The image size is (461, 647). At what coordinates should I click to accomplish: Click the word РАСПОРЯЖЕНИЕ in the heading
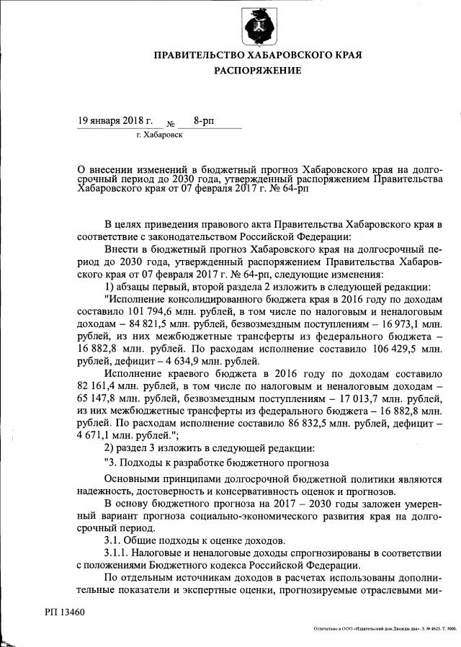[x=256, y=71]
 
